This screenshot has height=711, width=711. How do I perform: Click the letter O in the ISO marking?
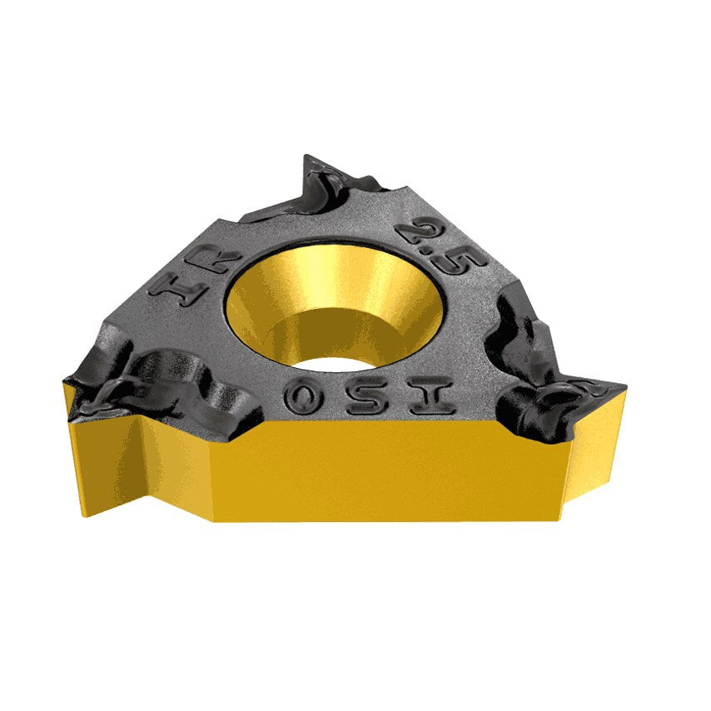[305, 397]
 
